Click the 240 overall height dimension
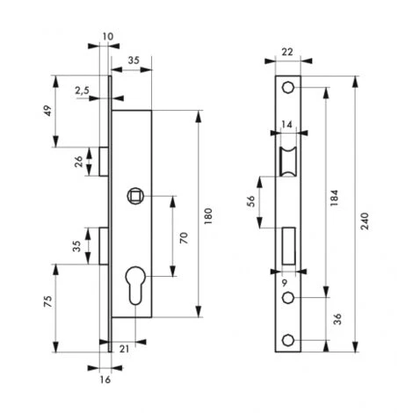(x=364, y=221)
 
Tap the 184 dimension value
(x=334, y=198)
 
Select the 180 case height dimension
(x=208, y=216)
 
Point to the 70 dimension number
(x=184, y=238)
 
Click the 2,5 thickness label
(x=82, y=91)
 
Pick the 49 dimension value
(x=47, y=111)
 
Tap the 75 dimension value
(x=47, y=301)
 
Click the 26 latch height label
(x=78, y=162)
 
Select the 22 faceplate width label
(x=287, y=52)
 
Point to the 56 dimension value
(x=251, y=201)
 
